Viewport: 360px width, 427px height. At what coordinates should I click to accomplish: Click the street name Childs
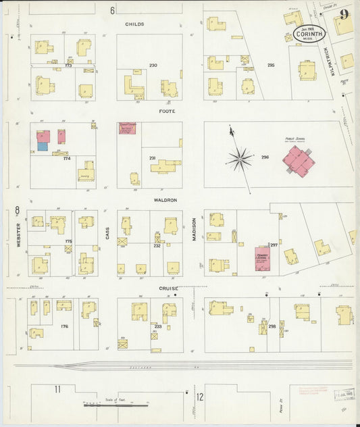pyautogui.click(x=134, y=24)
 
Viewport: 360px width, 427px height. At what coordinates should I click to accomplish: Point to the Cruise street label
pyautogui.click(x=168, y=287)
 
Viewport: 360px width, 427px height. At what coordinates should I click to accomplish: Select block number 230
pyautogui.click(x=153, y=66)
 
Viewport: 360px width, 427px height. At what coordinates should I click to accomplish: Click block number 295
pyautogui.click(x=271, y=66)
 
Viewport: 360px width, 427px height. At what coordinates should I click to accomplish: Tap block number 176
pyautogui.click(x=64, y=326)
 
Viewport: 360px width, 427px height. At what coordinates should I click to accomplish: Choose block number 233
pyautogui.click(x=157, y=326)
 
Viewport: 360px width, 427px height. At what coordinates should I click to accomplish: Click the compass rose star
pyautogui.click(x=239, y=159)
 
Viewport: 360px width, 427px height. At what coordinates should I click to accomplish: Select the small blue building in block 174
pyautogui.click(x=43, y=146)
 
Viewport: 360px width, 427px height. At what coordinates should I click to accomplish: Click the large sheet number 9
pyautogui.click(x=344, y=14)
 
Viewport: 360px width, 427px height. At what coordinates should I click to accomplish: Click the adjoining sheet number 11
pyautogui.click(x=58, y=388)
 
